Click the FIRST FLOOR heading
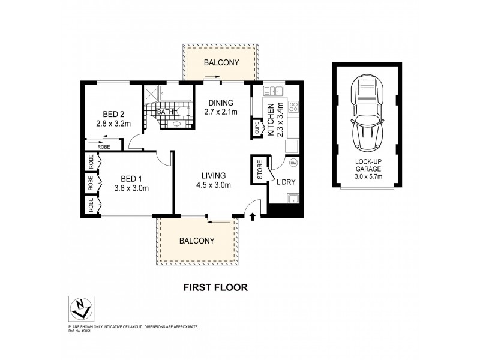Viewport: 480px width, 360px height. (x=215, y=287)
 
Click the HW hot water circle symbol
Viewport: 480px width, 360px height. (x=293, y=163)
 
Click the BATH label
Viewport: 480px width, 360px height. (x=164, y=112)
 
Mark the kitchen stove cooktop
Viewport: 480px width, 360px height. (x=294, y=107)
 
